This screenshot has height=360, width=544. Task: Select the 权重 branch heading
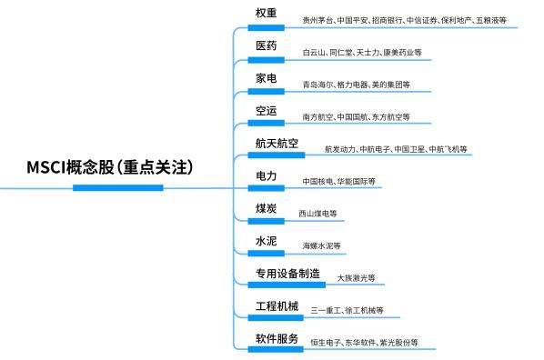coord(267,13)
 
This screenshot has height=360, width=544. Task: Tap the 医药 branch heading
coord(267,45)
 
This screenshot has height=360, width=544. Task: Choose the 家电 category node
coord(267,78)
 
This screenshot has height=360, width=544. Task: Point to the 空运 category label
coord(267,111)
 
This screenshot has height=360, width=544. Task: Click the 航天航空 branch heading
coord(277,144)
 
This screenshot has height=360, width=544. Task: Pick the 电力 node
coord(267,175)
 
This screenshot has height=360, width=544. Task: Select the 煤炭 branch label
coord(267,209)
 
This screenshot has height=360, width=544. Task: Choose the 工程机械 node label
coord(277,306)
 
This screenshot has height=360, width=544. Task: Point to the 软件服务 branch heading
coord(277,339)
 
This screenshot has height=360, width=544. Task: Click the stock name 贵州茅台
coord(317,19)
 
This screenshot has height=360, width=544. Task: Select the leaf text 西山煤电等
coord(317,214)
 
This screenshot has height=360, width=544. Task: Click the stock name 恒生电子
coord(326,344)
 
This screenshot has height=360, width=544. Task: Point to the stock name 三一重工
coord(326,311)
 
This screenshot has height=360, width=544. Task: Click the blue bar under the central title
coord(117,188)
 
